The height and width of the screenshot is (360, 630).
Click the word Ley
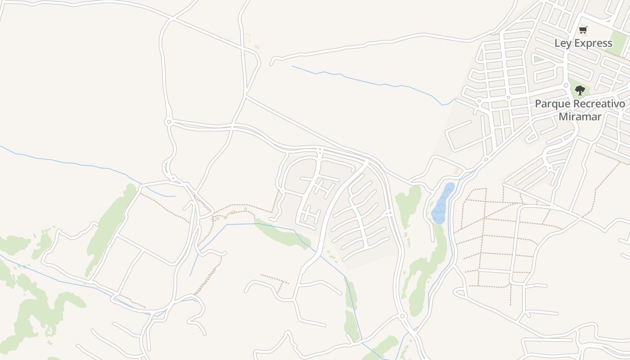pyautogui.click(x=562, y=44)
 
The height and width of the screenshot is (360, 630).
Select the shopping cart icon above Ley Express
pyautogui.click(x=583, y=30)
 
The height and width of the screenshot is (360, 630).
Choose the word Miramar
pyautogui.click(x=580, y=117)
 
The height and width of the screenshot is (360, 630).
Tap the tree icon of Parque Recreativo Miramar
pyautogui.click(x=580, y=90)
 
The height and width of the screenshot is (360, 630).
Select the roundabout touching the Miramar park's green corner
pyautogui.click(x=566, y=85)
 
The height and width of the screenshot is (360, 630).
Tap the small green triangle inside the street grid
pyautogui.click(x=538, y=59)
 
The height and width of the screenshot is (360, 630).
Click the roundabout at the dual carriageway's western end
pyautogui.click(x=169, y=122)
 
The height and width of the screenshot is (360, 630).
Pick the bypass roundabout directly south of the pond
pyautogui.click(x=403, y=316)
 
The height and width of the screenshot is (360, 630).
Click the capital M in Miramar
pyautogui.click(x=562, y=117)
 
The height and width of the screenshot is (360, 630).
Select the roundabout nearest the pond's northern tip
pyautogui.click(x=485, y=159)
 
